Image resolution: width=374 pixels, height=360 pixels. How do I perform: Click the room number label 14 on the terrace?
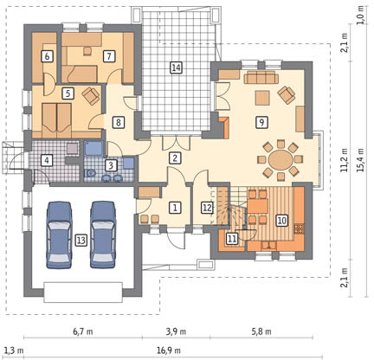point(176,67)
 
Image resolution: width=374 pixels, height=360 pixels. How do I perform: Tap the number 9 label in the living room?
point(261,122)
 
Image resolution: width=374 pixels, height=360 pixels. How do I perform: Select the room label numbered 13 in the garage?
point(81,240)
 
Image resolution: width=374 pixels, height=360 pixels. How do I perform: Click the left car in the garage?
point(59,235)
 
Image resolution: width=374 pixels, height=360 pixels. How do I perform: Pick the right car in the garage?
point(103,235)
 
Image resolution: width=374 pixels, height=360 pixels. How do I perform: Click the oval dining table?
point(280,159)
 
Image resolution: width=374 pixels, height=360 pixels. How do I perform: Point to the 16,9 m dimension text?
point(169,350)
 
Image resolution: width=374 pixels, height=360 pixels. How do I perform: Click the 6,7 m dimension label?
point(83,331)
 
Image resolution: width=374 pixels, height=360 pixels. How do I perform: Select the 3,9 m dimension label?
point(176,331)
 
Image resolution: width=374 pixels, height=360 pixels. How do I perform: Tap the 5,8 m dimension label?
point(261,331)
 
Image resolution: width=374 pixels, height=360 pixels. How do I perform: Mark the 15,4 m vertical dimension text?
point(360,160)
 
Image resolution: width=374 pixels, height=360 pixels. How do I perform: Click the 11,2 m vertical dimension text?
point(345,160)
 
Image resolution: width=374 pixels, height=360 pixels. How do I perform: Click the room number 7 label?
point(109,56)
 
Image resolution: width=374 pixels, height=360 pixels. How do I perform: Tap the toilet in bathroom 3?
point(90,173)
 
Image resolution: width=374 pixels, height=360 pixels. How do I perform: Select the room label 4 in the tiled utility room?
point(47,160)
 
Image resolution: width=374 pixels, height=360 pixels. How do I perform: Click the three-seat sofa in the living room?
point(261,78)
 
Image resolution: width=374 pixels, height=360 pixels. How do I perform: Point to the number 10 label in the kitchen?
point(282,221)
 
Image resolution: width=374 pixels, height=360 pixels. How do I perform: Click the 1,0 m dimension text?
point(360,15)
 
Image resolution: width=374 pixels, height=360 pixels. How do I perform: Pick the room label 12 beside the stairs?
point(207,208)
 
